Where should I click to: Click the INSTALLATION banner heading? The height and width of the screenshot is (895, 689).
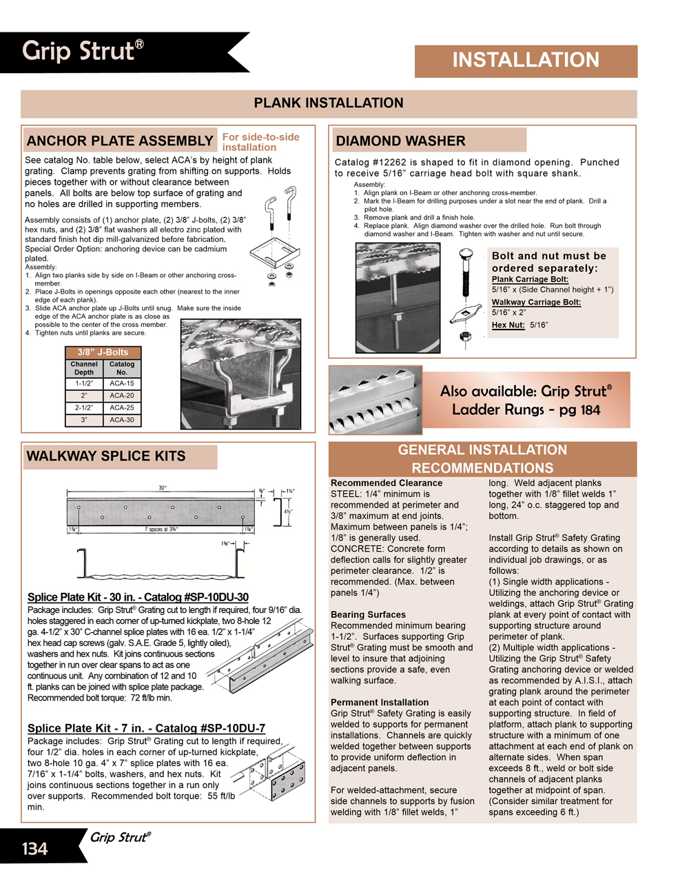point(526,60)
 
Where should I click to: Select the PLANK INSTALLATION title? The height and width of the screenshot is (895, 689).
point(329,103)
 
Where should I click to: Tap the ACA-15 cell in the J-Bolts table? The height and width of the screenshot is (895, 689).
point(122,383)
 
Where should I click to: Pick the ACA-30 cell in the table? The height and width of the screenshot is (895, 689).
point(122,420)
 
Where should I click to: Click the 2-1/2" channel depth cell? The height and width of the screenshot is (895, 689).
point(84,408)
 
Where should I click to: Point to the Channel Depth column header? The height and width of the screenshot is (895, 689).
point(84,368)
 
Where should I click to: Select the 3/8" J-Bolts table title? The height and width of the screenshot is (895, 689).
point(103,352)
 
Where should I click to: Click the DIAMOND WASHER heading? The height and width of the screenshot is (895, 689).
point(400,141)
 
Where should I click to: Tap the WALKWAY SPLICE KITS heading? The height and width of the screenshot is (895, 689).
point(106,456)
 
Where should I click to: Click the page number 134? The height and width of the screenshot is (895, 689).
point(34,849)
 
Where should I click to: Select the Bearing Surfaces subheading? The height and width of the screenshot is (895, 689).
point(368,614)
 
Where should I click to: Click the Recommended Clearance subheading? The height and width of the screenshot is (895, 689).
point(387,483)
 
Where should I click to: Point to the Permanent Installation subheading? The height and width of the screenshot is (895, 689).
point(379,702)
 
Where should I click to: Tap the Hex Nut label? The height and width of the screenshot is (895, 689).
point(508,325)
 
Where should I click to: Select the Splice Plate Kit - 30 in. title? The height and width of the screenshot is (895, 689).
point(138,597)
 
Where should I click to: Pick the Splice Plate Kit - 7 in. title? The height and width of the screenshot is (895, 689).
point(146,728)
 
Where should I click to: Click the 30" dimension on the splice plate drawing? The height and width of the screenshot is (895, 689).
point(163,487)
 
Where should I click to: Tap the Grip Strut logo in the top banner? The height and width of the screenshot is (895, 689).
point(83,51)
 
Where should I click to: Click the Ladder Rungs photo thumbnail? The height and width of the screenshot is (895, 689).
point(376,400)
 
